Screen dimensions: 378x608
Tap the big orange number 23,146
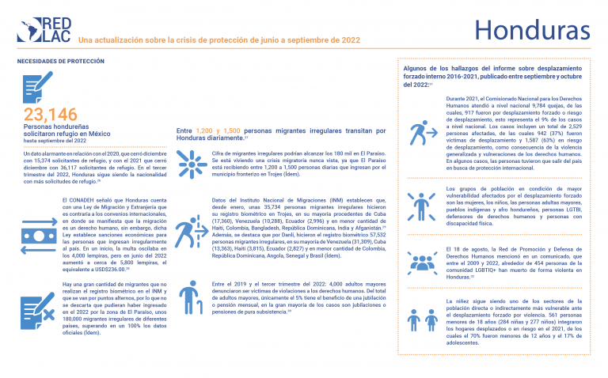coord(51,114)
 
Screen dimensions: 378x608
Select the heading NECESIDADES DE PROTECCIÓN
coord(55,61)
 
